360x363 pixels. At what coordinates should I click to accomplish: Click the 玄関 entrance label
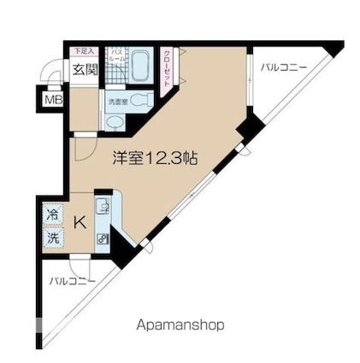[83, 70]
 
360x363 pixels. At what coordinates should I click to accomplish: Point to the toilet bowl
[143, 101]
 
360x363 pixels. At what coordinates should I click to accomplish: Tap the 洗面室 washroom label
[117, 102]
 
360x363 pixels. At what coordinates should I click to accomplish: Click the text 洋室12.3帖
[156, 158]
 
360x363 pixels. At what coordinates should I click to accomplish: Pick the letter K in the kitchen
[80, 224]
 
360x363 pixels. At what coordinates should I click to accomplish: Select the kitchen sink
[103, 206]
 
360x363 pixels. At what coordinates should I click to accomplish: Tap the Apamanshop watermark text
[180, 325]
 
